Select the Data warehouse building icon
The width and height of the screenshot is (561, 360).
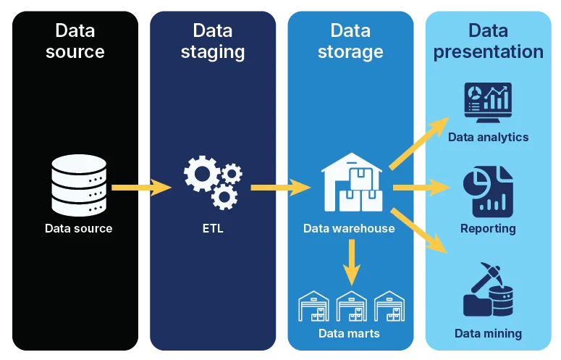(352, 183)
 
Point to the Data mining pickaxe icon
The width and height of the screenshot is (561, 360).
(488, 290)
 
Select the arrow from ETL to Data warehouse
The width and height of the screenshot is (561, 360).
(281, 188)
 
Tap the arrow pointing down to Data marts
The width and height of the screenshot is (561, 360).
(352, 262)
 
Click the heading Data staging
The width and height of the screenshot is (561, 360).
(213, 41)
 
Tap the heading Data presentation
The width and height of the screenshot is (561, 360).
(488, 41)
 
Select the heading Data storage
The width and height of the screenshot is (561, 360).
(350, 41)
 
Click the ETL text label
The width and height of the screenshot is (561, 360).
(213, 229)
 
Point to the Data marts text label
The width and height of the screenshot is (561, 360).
(349, 334)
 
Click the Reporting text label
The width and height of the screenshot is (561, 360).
(488, 229)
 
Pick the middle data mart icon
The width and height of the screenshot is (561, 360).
(352, 306)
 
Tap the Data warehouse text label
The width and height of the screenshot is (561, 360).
(349, 229)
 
